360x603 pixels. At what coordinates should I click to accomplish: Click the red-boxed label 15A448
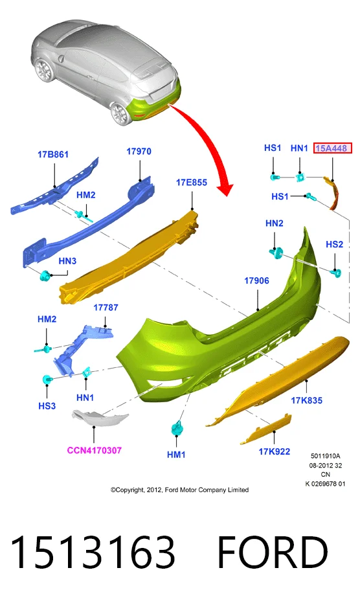click(332, 148)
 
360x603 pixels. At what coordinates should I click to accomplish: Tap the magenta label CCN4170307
click(95, 450)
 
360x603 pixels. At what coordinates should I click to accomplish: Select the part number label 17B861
click(53, 154)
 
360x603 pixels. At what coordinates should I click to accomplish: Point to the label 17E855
click(192, 182)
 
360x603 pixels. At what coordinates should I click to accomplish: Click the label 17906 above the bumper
click(256, 280)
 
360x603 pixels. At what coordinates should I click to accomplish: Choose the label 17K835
click(306, 400)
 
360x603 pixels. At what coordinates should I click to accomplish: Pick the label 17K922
click(275, 451)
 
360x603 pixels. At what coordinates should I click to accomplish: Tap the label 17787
click(106, 307)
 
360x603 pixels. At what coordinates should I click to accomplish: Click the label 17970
click(139, 151)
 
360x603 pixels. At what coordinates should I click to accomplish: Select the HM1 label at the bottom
click(176, 455)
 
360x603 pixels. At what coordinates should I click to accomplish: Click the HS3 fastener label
click(47, 405)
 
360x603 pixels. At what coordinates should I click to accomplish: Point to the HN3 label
click(67, 261)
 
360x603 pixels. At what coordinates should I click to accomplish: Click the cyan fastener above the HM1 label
click(177, 427)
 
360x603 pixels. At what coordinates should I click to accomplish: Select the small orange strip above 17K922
click(266, 429)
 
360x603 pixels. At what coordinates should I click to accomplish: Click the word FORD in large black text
click(273, 552)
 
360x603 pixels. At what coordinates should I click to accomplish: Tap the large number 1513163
click(93, 552)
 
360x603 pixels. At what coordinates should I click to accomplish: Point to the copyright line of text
click(179, 490)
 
